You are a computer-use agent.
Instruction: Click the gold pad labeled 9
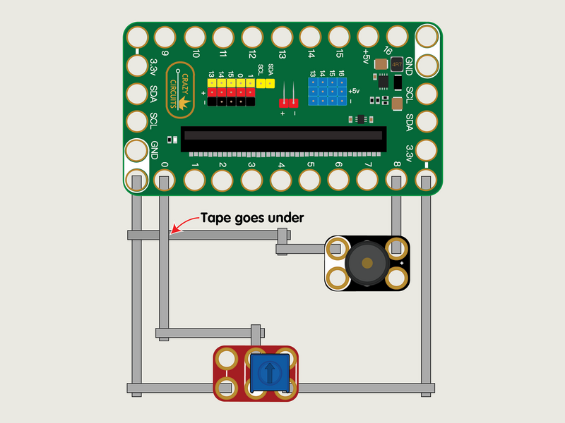(164, 37)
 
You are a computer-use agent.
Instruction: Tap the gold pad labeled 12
(252, 37)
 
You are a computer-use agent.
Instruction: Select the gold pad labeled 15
(340, 37)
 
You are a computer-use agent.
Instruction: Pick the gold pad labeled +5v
(369, 37)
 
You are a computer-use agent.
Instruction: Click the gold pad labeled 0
(164, 180)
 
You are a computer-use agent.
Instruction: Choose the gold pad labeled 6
(340, 180)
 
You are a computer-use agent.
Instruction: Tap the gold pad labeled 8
(397, 180)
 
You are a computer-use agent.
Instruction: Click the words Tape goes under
(252, 218)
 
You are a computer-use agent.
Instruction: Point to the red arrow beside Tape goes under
(183, 224)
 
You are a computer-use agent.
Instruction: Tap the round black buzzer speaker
(367, 263)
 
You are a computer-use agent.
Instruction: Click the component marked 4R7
(397, 65)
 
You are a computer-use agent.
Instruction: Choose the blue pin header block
(327, 92)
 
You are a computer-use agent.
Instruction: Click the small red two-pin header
(289, 103)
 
